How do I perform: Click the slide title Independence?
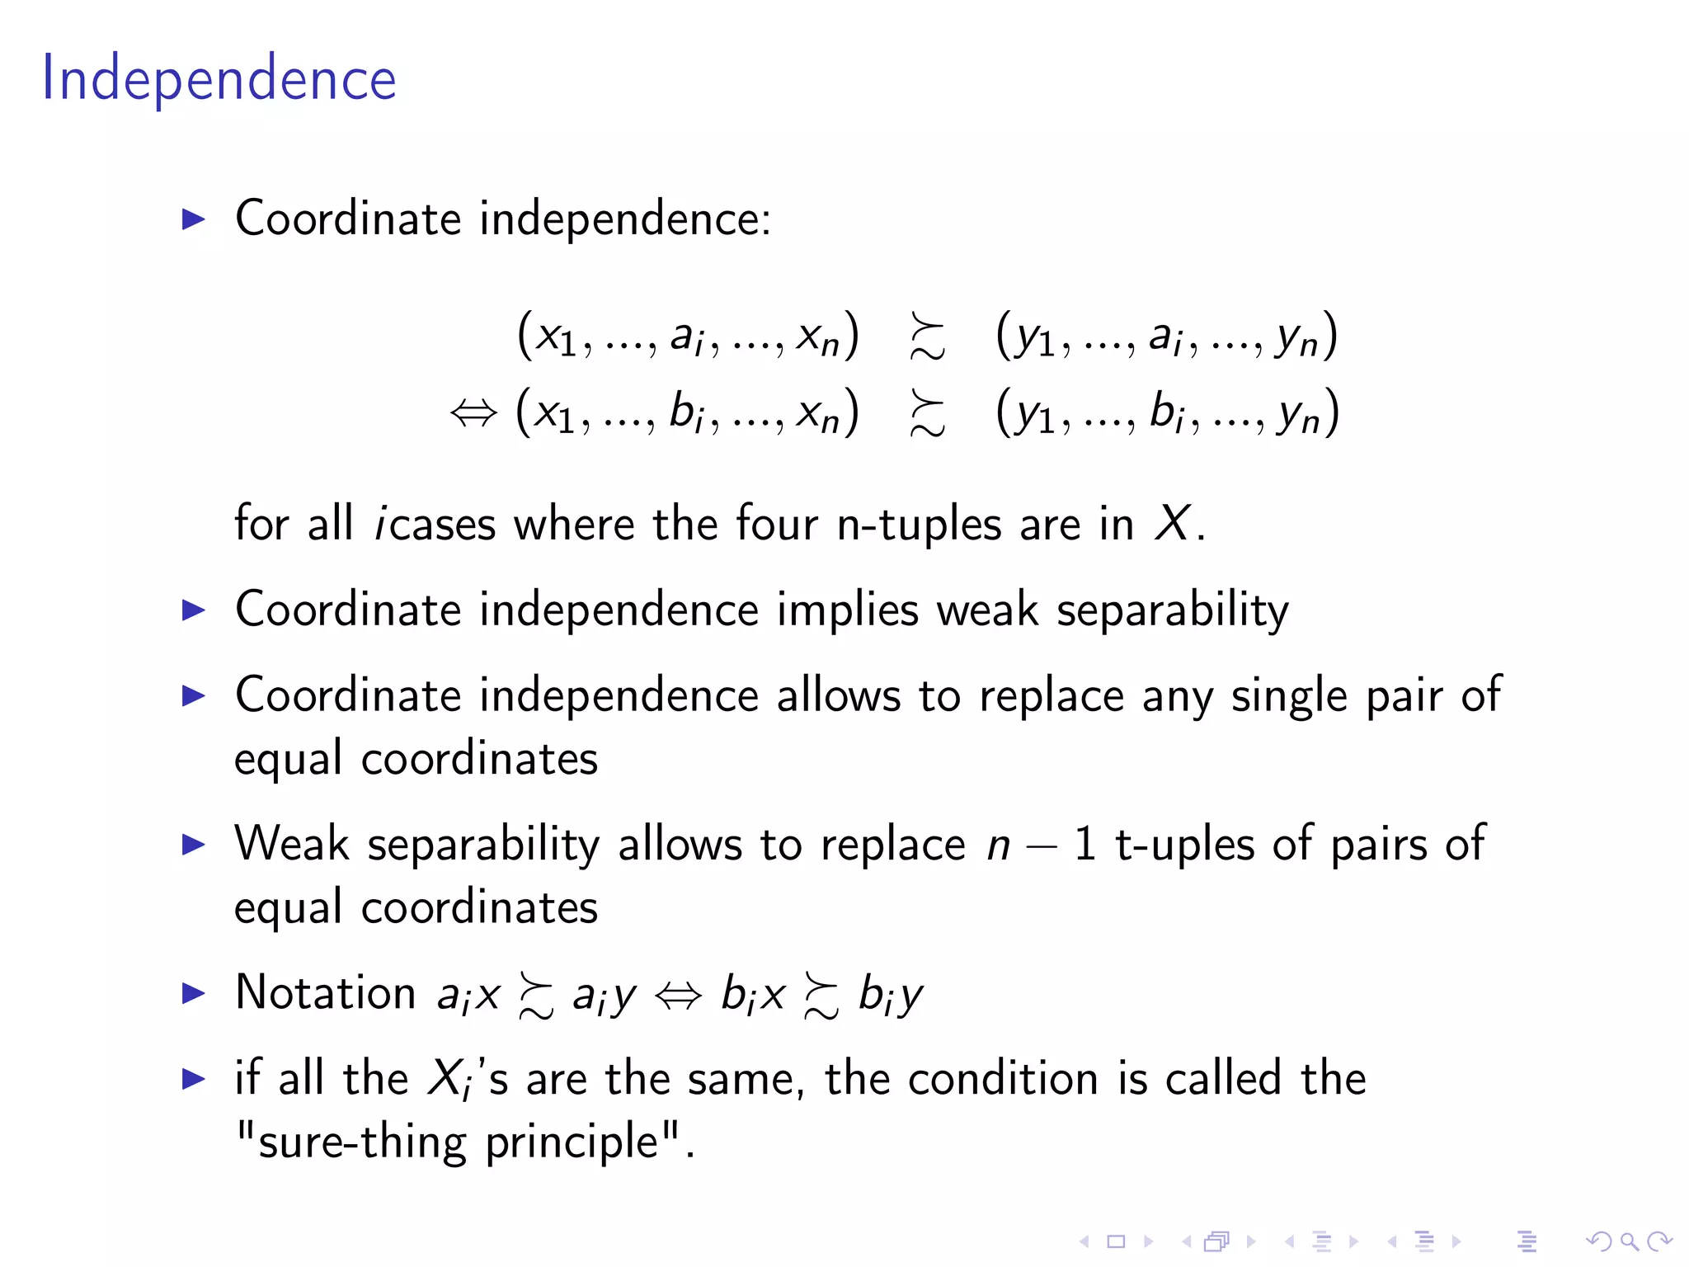pos(219,79)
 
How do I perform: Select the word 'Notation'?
pos(325,992)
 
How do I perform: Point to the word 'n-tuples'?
pos(919,525)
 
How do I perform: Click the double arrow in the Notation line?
pos(678,996)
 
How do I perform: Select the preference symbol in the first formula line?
pos(927,337)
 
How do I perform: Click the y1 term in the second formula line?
pos(1035,413)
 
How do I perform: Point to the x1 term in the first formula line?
pos(556,337)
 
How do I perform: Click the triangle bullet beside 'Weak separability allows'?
pos(193,845)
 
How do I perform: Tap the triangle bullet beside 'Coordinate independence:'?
pos(193,219)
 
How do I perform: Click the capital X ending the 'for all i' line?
pos(1172,523)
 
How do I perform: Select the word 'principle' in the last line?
pos(571,1142)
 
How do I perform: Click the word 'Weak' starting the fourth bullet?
pos(292,845)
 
